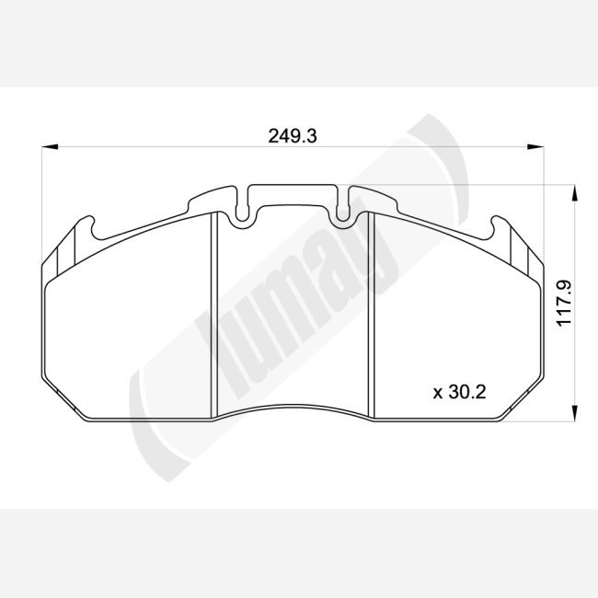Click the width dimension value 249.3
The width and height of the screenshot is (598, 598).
pos(293,136)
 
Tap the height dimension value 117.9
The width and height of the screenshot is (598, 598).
pos(565,304)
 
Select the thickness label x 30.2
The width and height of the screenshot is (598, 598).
pos(459,392)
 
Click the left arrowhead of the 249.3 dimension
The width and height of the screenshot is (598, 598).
pos(50,146)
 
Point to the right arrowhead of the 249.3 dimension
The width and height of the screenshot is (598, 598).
pos(535,146)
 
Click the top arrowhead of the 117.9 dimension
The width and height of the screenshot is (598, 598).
pos(573,193)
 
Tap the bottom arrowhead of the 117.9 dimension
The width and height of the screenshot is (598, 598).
pos(573,413)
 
